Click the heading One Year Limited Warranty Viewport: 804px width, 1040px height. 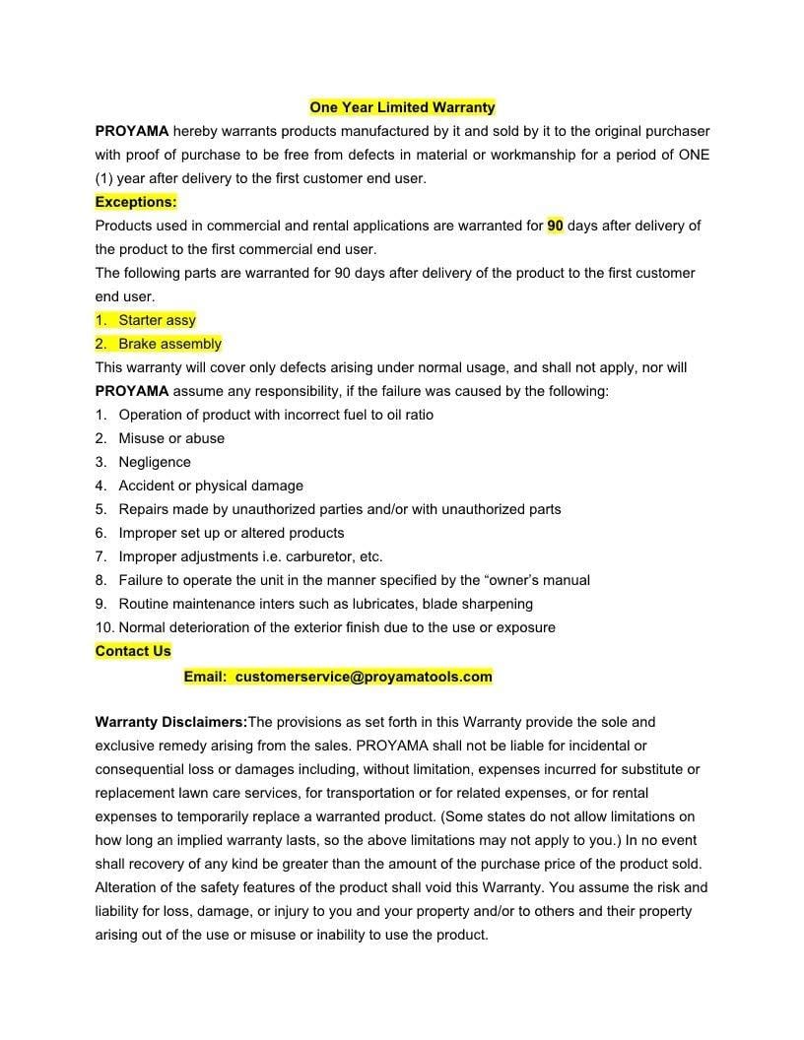point(402,107)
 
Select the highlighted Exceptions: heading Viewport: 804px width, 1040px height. point(136,202)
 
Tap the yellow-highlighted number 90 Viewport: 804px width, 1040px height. point(556,226)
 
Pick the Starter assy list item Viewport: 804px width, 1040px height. point(157,320)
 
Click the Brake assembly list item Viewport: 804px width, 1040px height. point(169,344)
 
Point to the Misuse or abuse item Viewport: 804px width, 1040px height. point(171,438)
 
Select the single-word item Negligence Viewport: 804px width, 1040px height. point(155,462)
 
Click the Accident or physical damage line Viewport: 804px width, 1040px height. point(211,486)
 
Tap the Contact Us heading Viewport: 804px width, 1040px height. point(133,651)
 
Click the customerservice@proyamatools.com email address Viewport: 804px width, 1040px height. point(364,677)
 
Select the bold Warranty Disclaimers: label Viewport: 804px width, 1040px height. point(171,722)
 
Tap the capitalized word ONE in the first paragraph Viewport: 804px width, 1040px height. point(694,155)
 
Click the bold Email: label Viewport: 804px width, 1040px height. point(205,677)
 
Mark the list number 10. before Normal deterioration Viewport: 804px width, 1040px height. point(104,627)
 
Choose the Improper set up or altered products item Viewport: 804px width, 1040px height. point(232,533)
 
